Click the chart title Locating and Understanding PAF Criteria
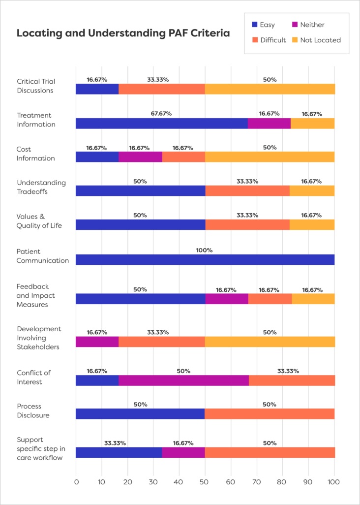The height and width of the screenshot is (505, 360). (x=123, y=33)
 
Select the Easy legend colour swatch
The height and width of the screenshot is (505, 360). (x=254, y=25)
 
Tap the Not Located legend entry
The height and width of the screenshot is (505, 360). (x=319, y=40)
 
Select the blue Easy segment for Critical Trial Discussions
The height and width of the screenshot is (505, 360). (x=97, y=89)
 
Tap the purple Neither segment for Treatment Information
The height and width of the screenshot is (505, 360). (x=269, y=123)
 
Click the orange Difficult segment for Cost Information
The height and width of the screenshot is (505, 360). (x=183, y=157)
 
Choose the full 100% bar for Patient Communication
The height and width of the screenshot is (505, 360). (x=205, y=259)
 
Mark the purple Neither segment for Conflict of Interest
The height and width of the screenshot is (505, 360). (x=183, y=380)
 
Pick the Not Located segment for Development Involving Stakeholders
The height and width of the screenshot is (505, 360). (x=270, y=342)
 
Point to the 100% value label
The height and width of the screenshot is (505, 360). (x=205, y=250)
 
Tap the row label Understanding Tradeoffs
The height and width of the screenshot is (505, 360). (x=41, y=187)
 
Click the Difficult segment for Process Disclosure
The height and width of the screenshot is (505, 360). (x=270, y=414)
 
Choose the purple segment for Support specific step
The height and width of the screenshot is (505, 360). (x=183, y=452)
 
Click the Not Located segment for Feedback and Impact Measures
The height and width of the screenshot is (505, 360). (x=313, y=299)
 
